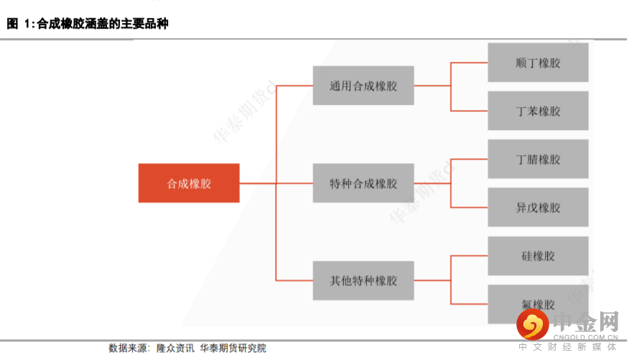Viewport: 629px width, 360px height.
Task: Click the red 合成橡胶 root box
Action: coord(189,183)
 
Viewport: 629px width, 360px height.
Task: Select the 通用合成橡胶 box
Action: coord(363,86)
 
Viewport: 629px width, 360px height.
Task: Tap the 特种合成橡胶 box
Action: coord(363,183)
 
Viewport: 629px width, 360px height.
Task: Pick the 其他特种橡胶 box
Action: coord(363,280)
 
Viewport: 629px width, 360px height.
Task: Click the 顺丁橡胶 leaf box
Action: coord(538,63)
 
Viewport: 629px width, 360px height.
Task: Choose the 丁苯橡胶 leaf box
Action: coord(538,111)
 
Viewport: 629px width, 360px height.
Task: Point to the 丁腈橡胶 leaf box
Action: coord(538,159)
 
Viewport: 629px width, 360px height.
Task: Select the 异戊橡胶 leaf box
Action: coord(538,208)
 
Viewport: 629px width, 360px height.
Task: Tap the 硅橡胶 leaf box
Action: coord(538,256)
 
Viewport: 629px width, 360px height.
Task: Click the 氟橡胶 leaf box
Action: coord(538,304)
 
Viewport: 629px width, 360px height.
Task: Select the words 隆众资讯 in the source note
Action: coord(174,349)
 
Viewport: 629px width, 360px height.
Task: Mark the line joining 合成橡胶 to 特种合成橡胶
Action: coord(276,183)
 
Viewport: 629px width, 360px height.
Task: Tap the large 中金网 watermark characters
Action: coord(585,320)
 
